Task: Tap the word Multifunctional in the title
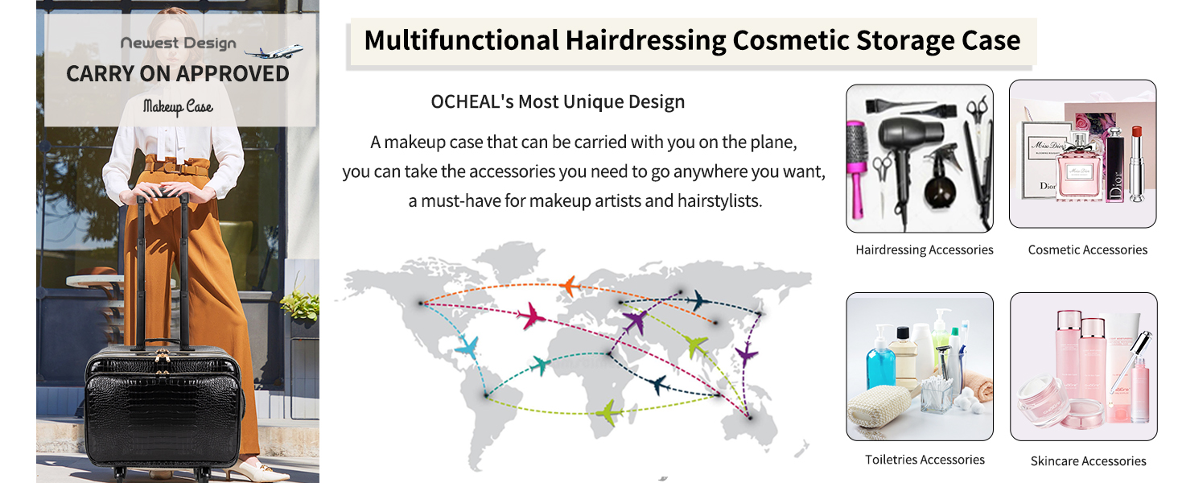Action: coord(461,40)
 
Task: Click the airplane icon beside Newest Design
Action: coord(274,51)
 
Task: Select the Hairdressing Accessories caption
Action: coord(924,250)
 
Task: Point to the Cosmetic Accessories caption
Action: coord(1088,250)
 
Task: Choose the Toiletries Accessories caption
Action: coord(925,460)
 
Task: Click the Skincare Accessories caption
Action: coord(1088,461)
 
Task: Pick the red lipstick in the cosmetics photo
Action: coord(1137,163)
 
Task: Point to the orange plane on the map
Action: coord(570,287)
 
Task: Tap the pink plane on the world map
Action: coord(533,316)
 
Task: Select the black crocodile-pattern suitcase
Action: coord(164,405)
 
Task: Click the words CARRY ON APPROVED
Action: coord(178,74)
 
